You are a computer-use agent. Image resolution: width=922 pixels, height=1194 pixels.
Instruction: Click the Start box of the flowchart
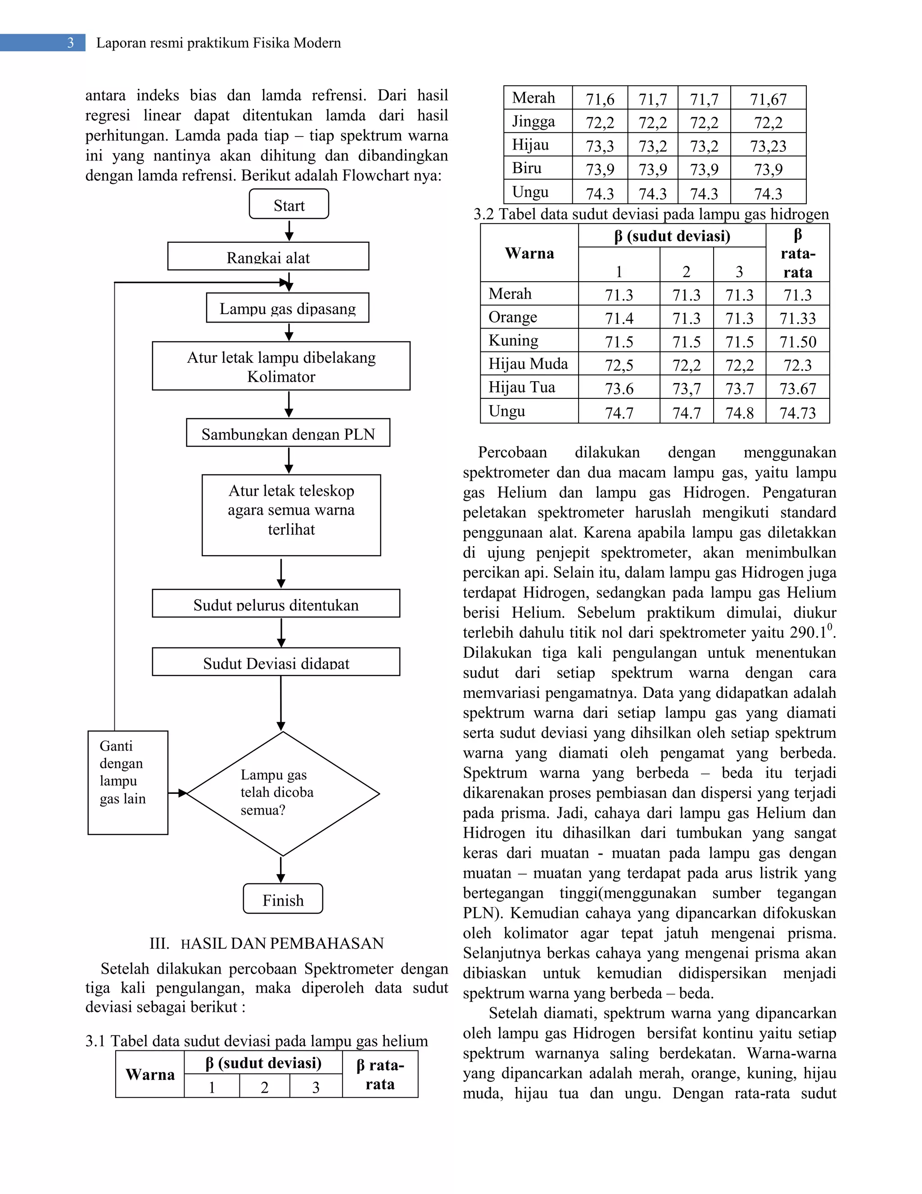pos(289,204)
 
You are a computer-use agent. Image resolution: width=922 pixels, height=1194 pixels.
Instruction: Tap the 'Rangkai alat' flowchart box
pos(268,256)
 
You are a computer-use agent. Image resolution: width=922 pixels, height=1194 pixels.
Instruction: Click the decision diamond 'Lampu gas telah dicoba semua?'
pos(282,793)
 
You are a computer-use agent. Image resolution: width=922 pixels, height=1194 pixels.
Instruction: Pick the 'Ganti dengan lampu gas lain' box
pos(127,782)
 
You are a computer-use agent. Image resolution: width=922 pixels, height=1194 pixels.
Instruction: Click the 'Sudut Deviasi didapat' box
pos(276,662)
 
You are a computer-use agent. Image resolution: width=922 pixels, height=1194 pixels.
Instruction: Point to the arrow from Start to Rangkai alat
pos(289,230)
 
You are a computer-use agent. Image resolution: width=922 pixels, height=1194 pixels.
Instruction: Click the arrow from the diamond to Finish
pos(281,870)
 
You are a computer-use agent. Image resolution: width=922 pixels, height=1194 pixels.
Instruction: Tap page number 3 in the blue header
pos(71,43)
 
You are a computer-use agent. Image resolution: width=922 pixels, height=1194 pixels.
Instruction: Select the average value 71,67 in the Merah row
pos(768,99)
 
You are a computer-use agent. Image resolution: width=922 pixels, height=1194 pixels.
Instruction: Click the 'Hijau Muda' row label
pos(528,364)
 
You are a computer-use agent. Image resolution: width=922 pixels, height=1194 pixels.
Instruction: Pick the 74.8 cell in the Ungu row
pos(739,413)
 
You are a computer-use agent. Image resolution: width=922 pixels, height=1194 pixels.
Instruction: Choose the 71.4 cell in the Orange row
pos(619,318)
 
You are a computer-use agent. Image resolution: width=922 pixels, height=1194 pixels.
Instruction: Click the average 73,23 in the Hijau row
pos(768,146)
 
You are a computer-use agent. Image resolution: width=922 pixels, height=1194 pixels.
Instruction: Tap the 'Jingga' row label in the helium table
pos(533,121)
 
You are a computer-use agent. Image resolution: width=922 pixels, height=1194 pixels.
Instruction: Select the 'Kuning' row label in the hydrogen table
pos(513,341)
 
